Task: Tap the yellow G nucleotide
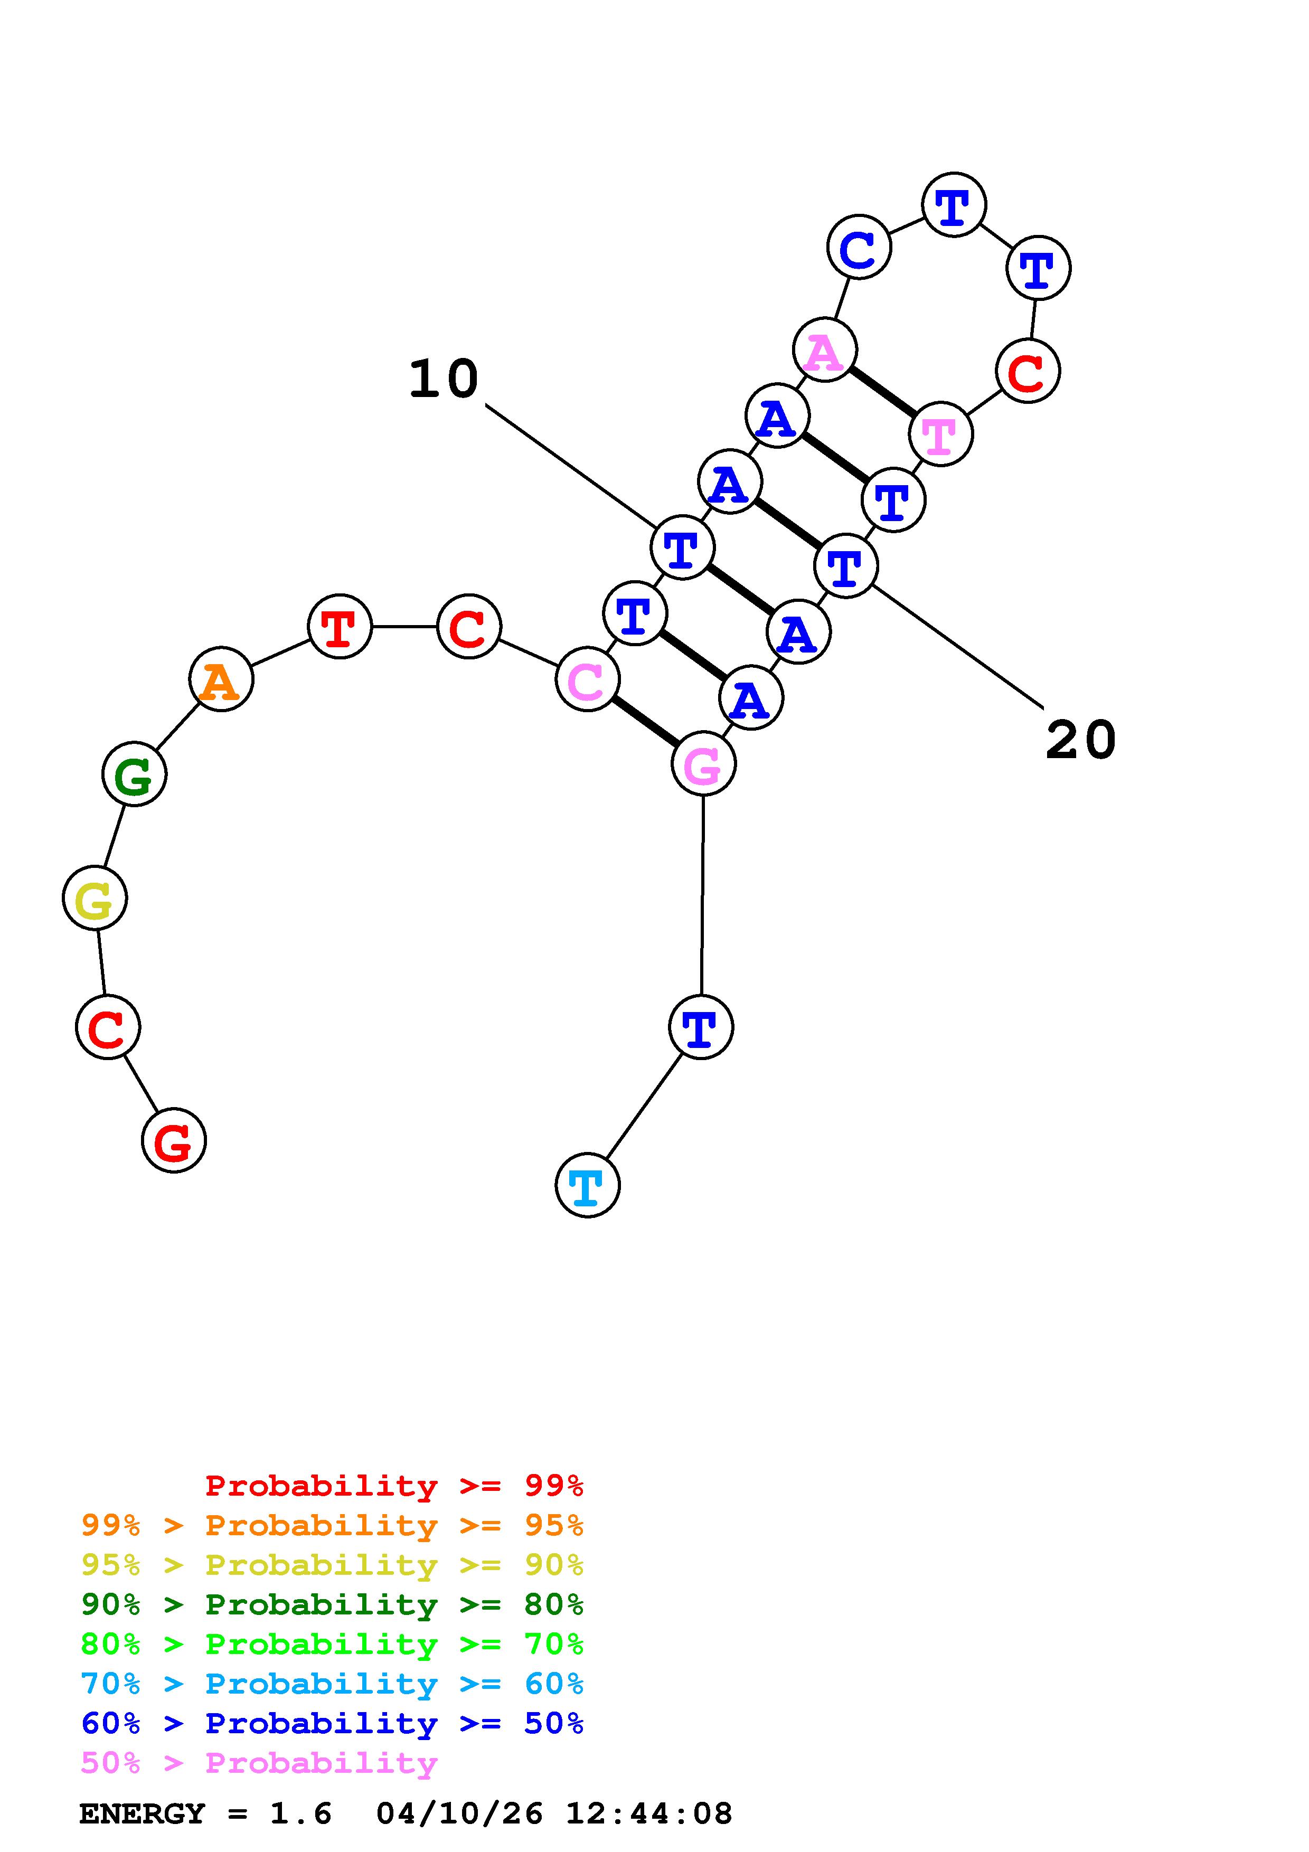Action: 95,898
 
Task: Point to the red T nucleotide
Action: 340,626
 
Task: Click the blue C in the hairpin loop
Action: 859,247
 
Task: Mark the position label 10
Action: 444,379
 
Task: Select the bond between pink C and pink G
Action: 645,721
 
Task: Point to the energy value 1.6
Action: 301,1813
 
